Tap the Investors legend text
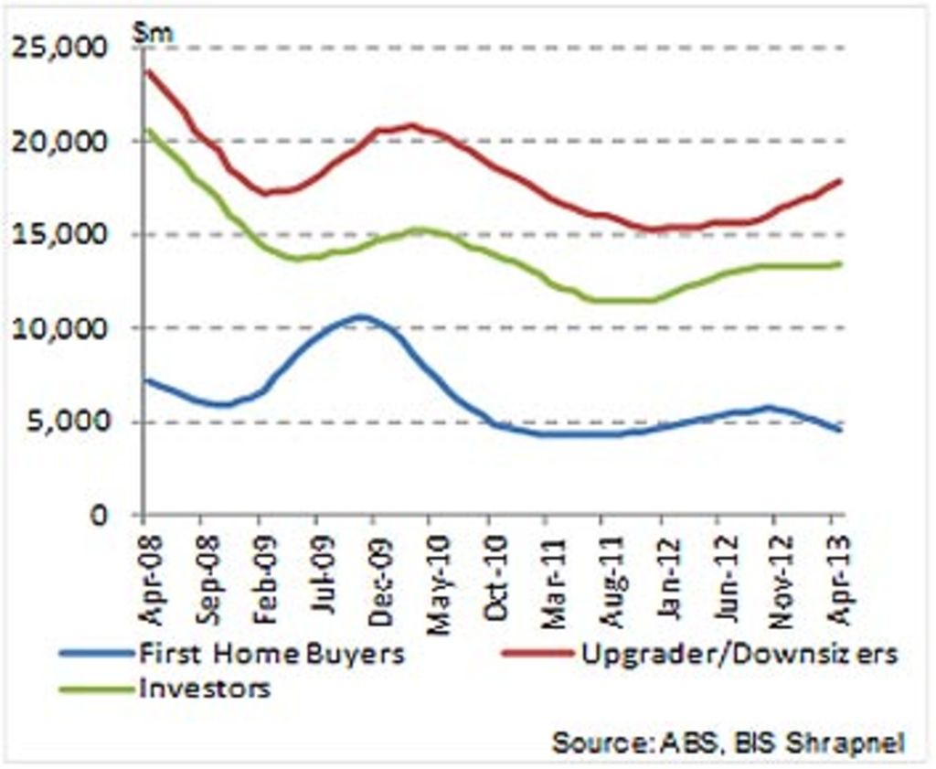205,688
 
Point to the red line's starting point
146,70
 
